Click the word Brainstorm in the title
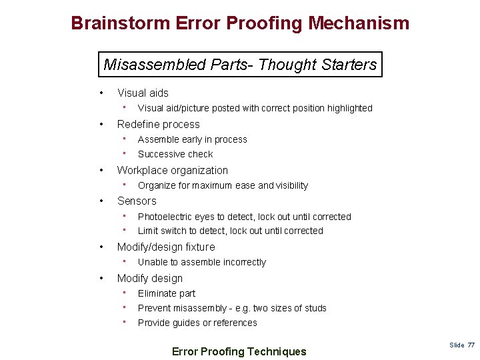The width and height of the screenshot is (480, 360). (x=120, y=24)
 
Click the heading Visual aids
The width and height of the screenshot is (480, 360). (x=143, y=93)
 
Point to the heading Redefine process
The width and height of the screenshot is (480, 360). (x=158, y=125)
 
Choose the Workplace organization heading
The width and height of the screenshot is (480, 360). (x=172, y=171)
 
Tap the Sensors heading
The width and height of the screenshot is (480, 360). (x=137, y=201)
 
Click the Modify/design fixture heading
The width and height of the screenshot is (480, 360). (x=166, y=247)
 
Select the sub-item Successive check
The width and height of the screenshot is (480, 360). (x=175, y=154)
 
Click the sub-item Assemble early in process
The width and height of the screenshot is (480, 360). (x=192, y=139)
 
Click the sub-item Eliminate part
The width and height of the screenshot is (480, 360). (x=167, y=293)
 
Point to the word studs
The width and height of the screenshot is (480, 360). (x=315, y=308)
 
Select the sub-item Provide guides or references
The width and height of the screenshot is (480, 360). (x=197, y=323)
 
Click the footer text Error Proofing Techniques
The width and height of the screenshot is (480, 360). (x=239, y=351)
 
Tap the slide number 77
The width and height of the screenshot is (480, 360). (x=471, y=345)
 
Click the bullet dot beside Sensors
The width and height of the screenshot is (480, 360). (x=100, y=201)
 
